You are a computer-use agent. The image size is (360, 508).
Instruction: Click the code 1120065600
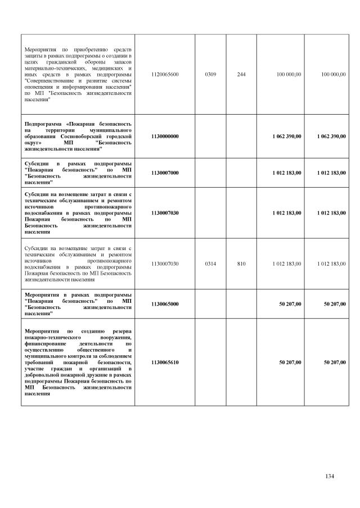click(165, 74)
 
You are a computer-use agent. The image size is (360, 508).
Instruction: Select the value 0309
click(210, 74)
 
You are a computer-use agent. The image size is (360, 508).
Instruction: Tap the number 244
click(241, 74)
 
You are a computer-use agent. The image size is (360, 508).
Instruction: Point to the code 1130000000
click(165, 136)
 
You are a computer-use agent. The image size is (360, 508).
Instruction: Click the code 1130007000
click(165, 173)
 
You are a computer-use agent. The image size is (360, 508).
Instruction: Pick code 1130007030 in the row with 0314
click(165, 264)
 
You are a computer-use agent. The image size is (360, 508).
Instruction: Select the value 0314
click(210, 264)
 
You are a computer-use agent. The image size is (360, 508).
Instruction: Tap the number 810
click(241, 264)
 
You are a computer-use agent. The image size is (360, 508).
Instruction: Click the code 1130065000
click(165, 304)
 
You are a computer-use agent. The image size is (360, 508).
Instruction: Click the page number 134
click(330, 477)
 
